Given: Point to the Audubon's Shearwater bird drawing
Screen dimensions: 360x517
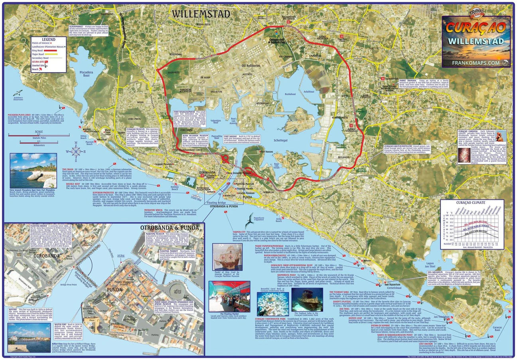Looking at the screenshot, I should (18, 94).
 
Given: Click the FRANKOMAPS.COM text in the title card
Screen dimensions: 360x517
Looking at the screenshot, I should (476, 63).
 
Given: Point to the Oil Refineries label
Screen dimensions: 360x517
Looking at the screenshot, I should (251, 65).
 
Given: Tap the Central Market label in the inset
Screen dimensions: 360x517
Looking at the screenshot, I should (178, 291).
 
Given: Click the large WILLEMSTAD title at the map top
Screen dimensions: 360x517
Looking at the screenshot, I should (201, 14).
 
